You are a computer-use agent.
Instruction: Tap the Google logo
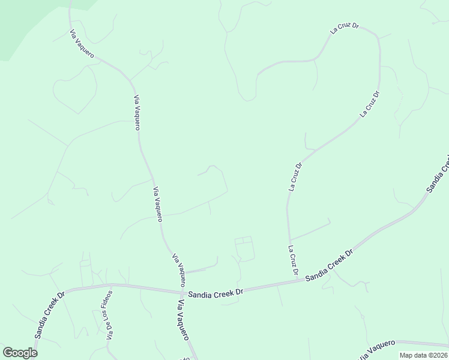20,353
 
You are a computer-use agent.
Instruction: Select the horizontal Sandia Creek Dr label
215,293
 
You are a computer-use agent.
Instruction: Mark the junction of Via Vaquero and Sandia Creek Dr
181,292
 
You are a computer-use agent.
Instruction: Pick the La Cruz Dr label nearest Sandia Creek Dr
294,260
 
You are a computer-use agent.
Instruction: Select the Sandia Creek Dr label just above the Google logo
49,315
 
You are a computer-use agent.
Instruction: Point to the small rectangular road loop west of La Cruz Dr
244,248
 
